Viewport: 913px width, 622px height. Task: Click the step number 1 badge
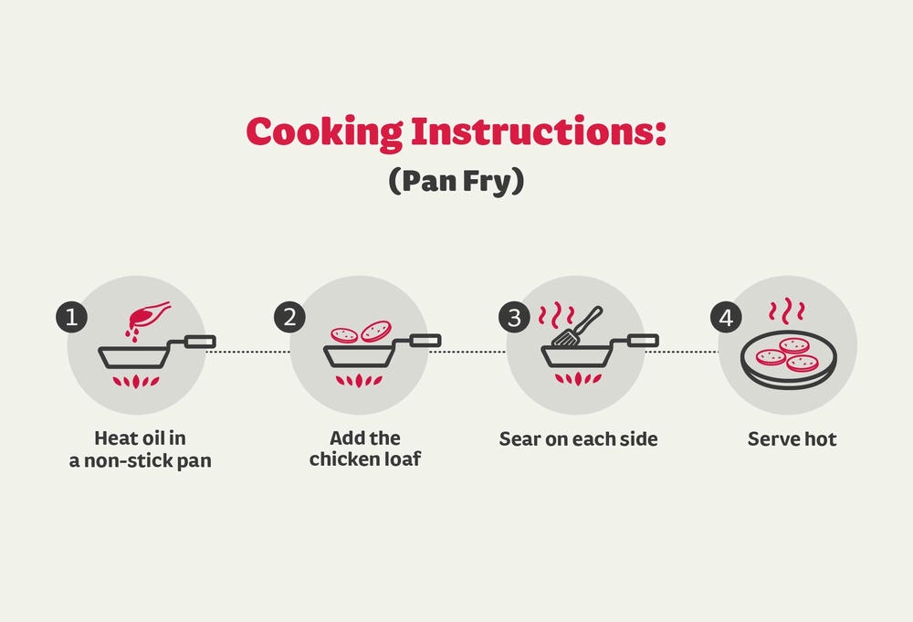coord(71,318)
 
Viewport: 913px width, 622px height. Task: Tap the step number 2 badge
coord(289,318)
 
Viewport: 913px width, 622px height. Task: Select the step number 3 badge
coord(514,318)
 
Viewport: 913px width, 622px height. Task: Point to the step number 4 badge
coord(726,318)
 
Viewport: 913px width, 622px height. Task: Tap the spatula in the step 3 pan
coord(576,327)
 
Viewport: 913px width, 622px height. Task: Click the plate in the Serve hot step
coord(789,361)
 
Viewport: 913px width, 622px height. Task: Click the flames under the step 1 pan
coord(136,382)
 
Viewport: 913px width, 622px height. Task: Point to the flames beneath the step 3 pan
coord(578,379)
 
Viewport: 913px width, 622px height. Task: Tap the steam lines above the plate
coord(787,311)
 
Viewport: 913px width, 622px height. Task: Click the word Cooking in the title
coord(324,132)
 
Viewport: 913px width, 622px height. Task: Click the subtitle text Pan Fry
coord(456,181)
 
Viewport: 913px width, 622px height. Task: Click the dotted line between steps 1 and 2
coord(248,352)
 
